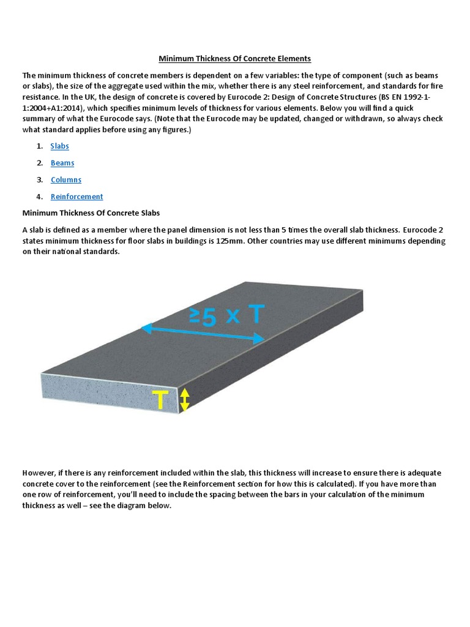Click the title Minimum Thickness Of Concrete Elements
(x=235, y=59)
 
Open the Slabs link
(x=59, y=146)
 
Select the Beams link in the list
(x=62, y=163)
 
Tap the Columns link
(x=65, y=180)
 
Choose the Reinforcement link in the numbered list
(x=76, y=197)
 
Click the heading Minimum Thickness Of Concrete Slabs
(x=91, y=213)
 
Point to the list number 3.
(x=39, y=180)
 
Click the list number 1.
(x=39, y=146)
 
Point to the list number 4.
(x=39, y=197)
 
